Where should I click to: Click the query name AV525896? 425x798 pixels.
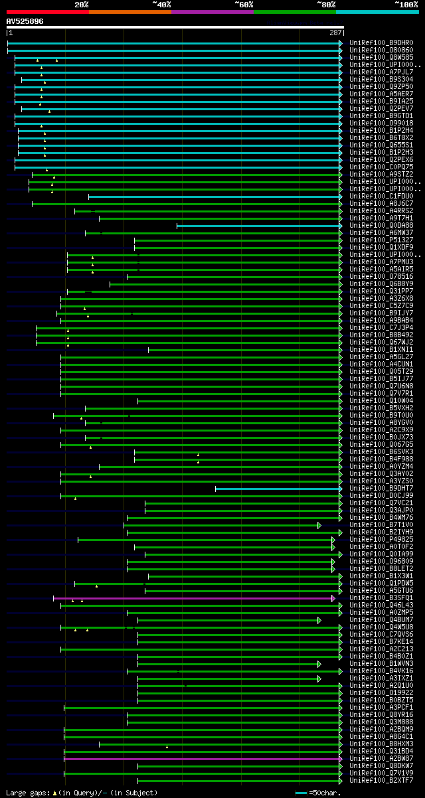(x=25, y=21)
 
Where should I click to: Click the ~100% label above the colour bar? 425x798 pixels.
(x=406, y=4)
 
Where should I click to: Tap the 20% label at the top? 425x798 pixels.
(x=82, y=4)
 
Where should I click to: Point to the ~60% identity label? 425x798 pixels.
(x=244, y=4)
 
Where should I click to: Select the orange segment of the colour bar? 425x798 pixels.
(x=129, y=11)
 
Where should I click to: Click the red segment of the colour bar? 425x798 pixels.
(x=47, y=11)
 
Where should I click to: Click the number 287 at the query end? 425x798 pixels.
(x=335, y=32)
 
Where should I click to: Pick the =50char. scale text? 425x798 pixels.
(x=325, y=793)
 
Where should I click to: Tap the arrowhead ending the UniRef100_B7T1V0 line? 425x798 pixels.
(x=319, y=525)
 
